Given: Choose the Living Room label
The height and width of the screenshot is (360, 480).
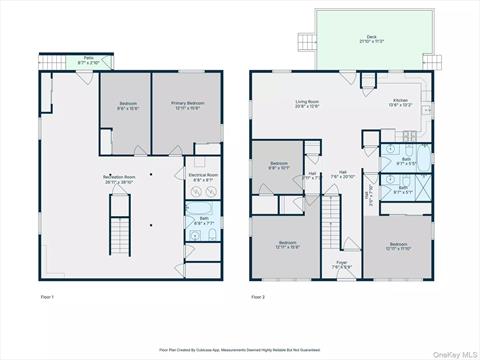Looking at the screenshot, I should tap(305, 102).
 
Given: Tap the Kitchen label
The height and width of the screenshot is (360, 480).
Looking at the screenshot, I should tap(400, 102).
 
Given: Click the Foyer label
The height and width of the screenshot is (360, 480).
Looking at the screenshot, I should tap(342, 264).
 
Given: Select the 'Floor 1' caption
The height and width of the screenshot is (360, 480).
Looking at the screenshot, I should tap(47, 298).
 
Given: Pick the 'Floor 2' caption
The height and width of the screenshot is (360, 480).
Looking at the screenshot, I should tap(258, 298).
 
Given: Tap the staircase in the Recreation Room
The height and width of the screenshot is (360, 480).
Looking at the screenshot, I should tap(120, 239).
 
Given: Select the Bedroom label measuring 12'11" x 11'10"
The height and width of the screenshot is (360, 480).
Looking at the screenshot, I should tap(399, 245).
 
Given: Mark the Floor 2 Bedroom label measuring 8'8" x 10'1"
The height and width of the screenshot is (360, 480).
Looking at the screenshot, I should tap(278, 165).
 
